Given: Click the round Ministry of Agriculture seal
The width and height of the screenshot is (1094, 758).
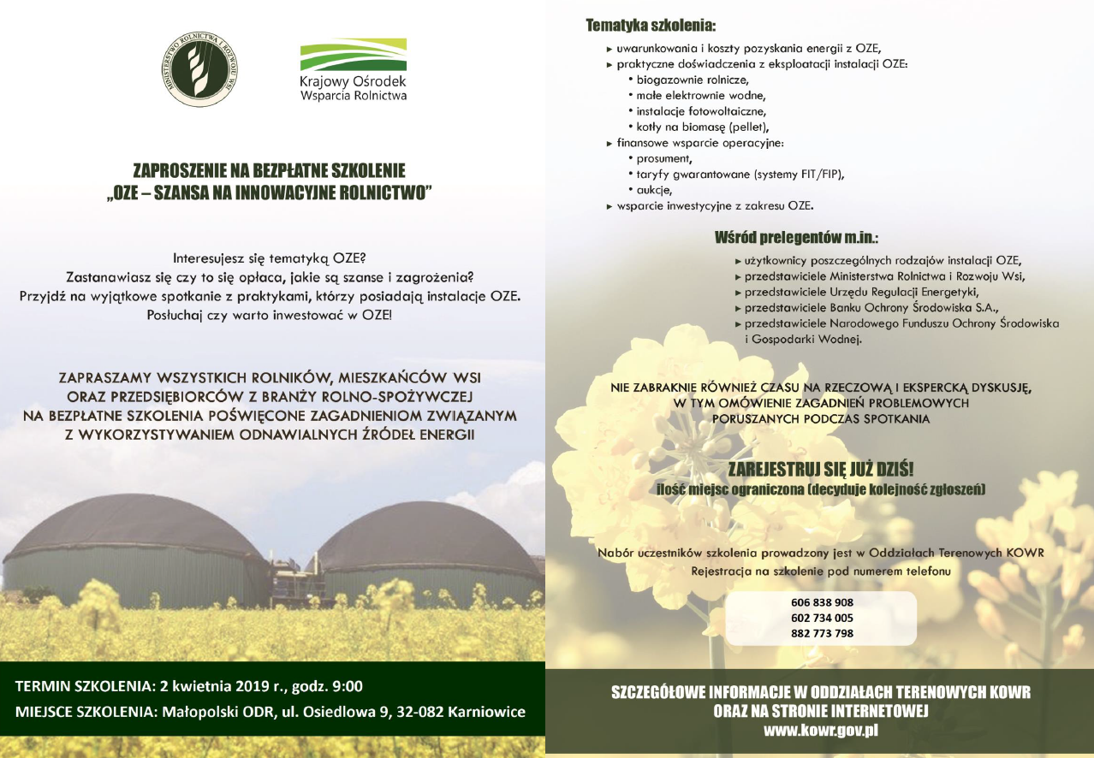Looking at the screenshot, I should click(201, 69).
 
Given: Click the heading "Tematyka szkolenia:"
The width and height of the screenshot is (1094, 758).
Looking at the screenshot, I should click(651, 26).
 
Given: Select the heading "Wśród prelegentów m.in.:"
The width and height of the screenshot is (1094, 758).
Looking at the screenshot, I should click(797, 237).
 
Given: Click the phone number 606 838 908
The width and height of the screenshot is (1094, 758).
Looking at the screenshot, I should click(822, 601).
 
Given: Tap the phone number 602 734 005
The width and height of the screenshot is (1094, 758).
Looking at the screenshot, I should click(822, 618).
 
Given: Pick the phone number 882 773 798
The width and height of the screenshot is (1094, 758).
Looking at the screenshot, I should click(822, 634).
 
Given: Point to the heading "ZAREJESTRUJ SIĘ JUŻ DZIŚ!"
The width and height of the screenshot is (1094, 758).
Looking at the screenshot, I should click(820, 469).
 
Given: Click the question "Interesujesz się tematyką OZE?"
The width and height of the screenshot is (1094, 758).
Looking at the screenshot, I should click(269, 258).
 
